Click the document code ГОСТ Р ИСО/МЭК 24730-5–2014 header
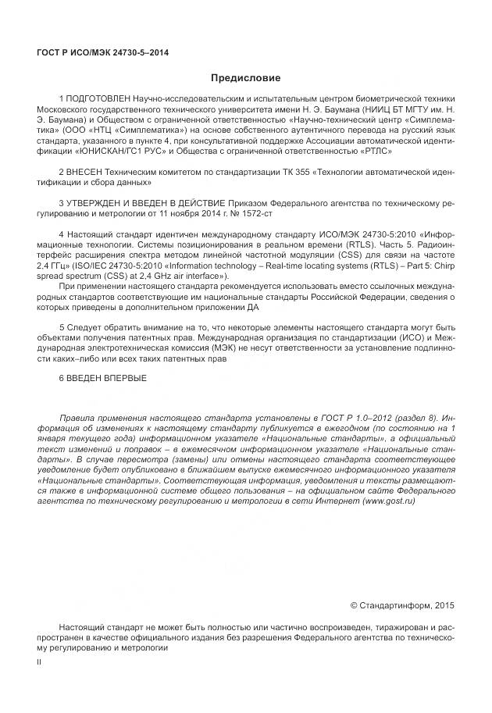(x=102, y=53)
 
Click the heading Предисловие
(x=245, y=78)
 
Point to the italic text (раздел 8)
(x=415, y=419)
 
